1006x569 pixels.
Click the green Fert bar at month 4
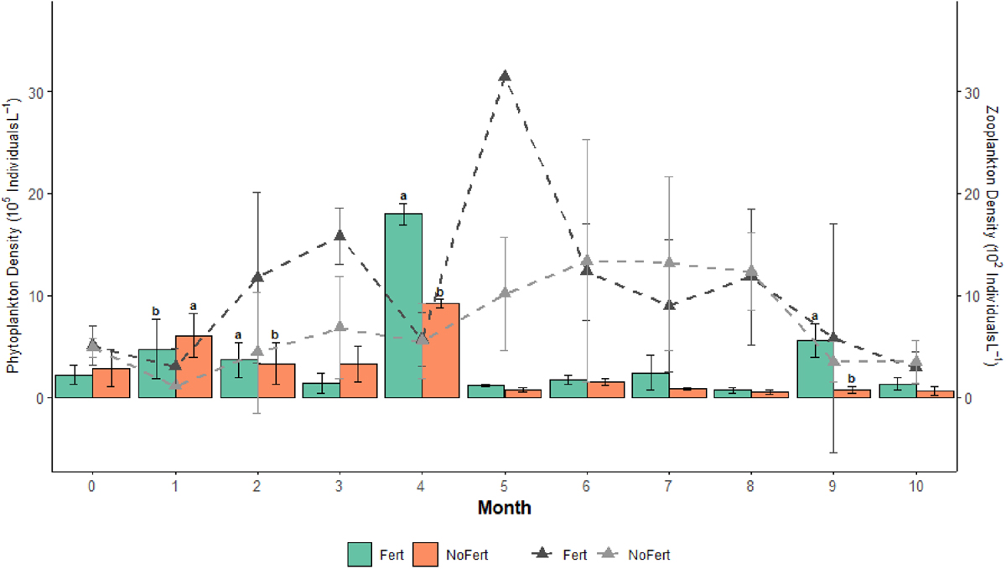click(403, 306)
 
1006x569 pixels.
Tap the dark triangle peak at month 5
click(505, 76)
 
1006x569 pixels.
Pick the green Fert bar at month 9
click(814, 369)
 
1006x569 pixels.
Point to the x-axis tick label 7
click(668, 486)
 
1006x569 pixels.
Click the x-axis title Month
click(504, 508)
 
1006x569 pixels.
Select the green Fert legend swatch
click(359, 554)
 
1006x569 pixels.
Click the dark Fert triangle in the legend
click(543, 554)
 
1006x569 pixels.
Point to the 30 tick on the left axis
click(39, 91)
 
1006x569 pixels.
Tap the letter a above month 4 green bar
click(403, 196)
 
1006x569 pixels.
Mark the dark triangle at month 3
click(340, 235)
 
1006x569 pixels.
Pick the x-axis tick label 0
click(91, 486)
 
